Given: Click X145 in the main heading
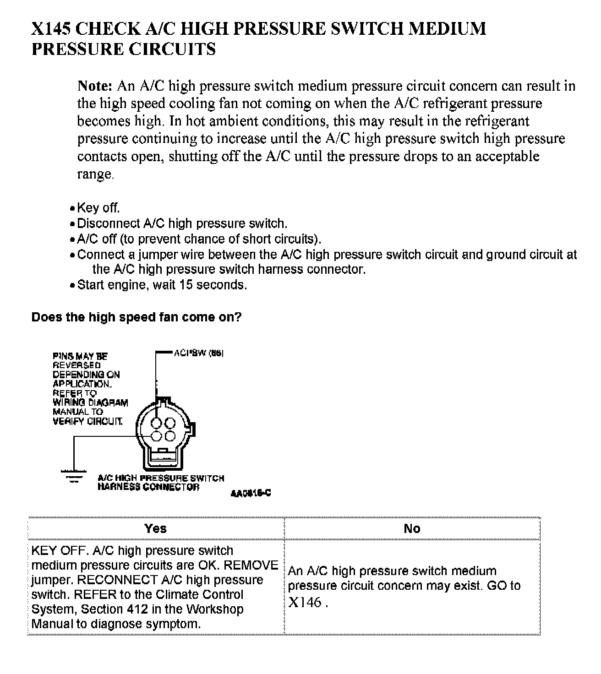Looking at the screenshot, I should (x=50, y=29).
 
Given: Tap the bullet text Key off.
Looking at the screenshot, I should (x=98, y=208).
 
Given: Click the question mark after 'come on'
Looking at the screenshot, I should (x=238, y=317).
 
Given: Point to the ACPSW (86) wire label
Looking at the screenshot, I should (x=198, y=353).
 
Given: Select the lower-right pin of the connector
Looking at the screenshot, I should (x=170, y=435).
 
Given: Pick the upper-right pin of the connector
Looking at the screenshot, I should (x=170, y=423).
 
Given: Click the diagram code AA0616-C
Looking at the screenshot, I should (x=251, y=493).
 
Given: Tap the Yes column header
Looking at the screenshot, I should (x=155, y=528).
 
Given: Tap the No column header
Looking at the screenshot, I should (x=412, y=529).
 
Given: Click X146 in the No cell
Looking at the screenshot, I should (x=305, y=602).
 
